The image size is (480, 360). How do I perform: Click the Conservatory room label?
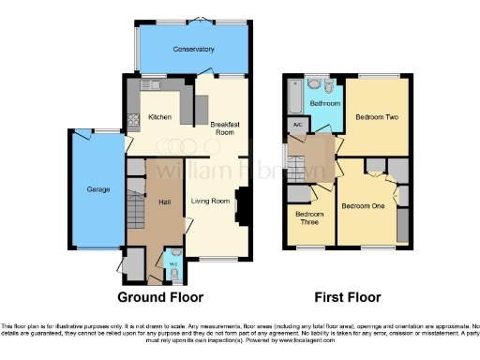point(194,49)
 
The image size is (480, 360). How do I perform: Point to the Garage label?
point(98,190)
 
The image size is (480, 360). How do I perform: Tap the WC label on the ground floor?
point(172,263)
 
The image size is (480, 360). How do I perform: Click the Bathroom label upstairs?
point(325,103)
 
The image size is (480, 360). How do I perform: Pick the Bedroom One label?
point(362,205)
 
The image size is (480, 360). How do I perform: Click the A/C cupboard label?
point(297,124)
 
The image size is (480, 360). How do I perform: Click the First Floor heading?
point(348,297)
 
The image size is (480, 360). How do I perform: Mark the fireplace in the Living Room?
point(241,205)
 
